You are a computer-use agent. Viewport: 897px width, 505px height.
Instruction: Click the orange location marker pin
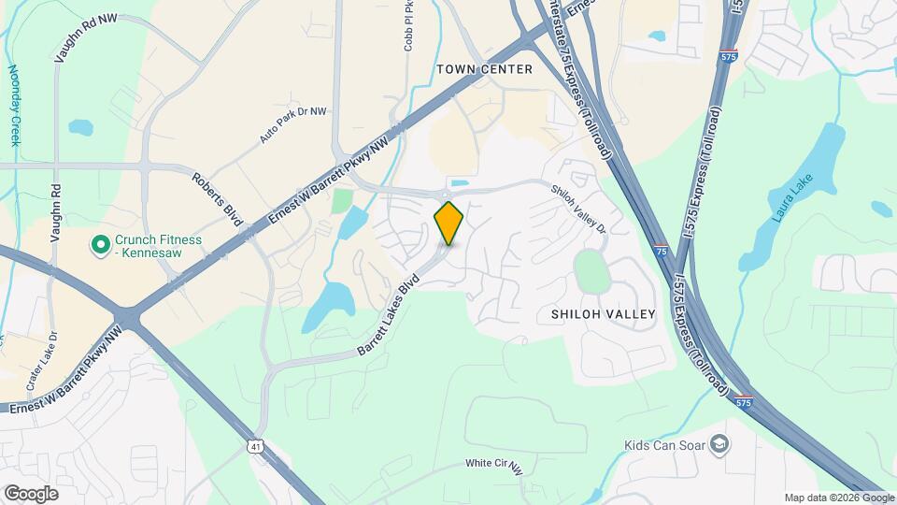click(x=448, y=223)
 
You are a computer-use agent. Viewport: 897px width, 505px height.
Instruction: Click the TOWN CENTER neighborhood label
click(x=484, y=69)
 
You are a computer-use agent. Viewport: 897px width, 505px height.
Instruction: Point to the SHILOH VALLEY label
click(x=603, y=315)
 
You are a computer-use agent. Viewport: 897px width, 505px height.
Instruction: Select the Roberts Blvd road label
click(x=218, y=198)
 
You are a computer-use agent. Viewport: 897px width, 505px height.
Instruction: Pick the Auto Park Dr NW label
click(x=293, y=124)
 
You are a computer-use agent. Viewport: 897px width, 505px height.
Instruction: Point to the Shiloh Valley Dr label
click(x=578, y=209)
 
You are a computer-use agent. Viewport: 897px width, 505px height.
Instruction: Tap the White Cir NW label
click(x=494, y=465)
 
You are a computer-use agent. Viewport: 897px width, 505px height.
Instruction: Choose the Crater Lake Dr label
click(x=41, y=360)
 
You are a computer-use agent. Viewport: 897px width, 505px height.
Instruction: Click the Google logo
click(x=31, y=493)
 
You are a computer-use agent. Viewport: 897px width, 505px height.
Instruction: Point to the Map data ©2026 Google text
click(x=839, y=498)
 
